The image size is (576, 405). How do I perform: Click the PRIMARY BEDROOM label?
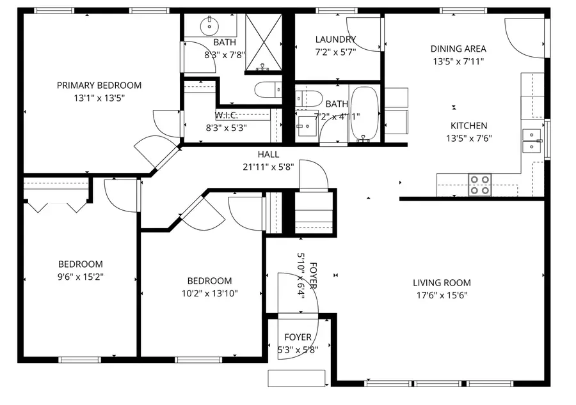click(99, 85)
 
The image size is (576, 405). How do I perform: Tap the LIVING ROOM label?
click(442, 282)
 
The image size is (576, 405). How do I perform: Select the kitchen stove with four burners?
click(480, 185)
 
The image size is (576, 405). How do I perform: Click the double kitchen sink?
click(531, 141)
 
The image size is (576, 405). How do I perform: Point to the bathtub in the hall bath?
click(365, 113)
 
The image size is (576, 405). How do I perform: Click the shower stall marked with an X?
click(263, 42)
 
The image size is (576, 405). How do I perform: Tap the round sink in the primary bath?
click(209, 27)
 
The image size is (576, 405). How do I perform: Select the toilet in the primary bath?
click(266, 90)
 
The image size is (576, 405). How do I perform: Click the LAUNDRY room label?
click(335, 40)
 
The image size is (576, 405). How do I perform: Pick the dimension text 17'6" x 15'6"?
click(442, 295)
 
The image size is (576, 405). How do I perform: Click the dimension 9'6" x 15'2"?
click(81, 277)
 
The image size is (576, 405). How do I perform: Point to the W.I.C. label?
click(227, 116)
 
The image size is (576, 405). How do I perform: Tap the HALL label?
click(268, 154)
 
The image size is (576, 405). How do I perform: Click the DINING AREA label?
click(458, 49)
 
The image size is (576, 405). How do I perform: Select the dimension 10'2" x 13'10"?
click(209, 293)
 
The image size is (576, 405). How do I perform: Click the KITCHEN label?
click(468, 126)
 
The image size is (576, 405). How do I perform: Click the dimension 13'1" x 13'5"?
click(99, 98)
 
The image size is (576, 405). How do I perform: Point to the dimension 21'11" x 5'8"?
click(268, 167)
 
